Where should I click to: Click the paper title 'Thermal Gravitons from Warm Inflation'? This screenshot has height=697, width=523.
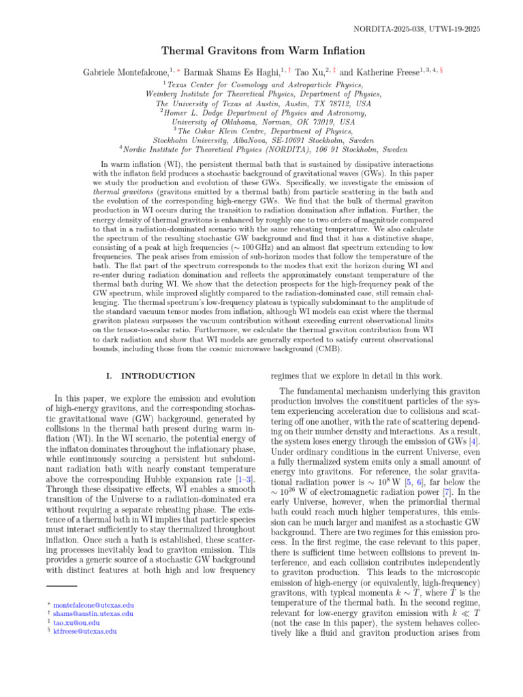(x=261, y=50)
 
